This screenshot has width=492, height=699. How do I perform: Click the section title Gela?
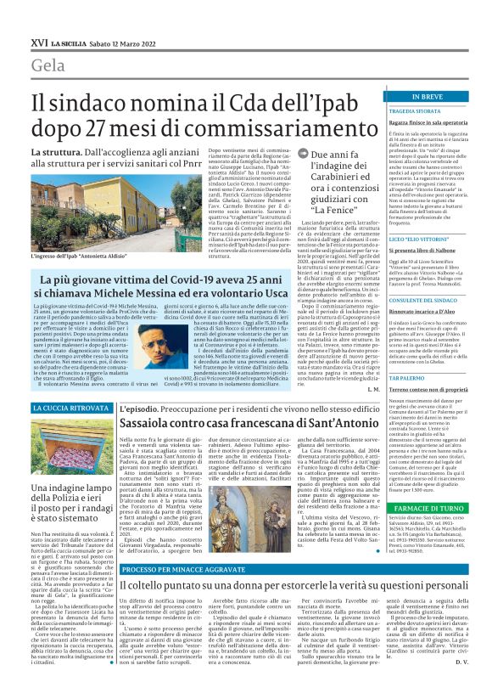point(50,65)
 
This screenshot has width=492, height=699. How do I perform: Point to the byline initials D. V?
point(463,684)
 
